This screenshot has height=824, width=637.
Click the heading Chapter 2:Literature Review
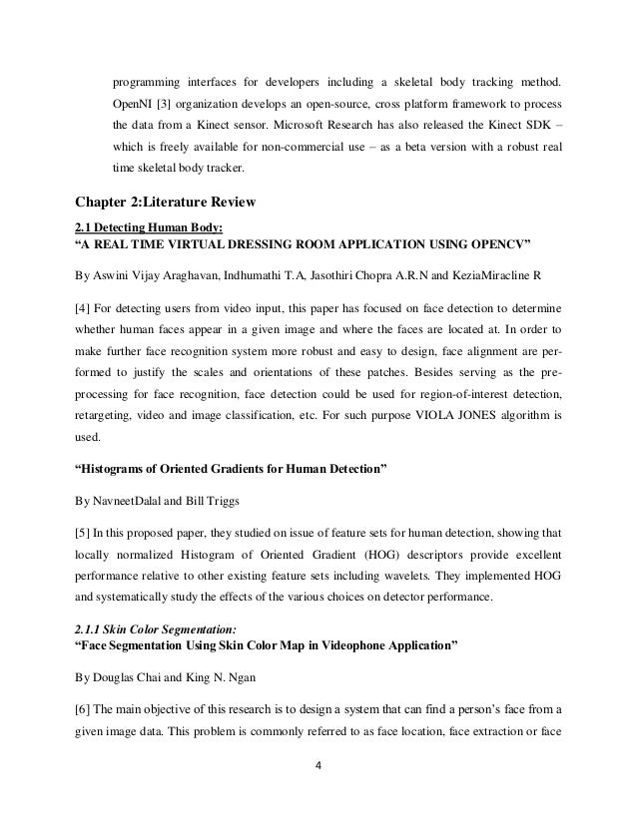(x=159, y=204)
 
